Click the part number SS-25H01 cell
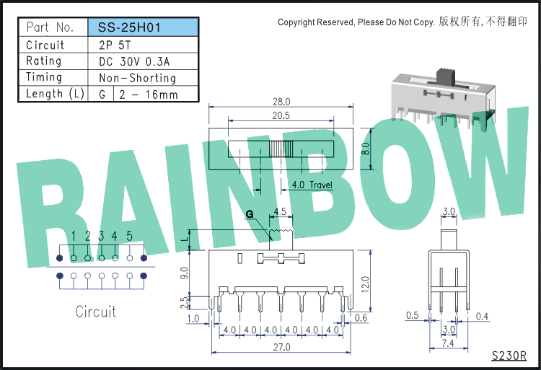coord(144,27)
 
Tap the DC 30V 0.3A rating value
coord(134,61)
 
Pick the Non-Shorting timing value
coord(137,78)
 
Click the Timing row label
coord(44,77)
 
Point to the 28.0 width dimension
coord(281,102)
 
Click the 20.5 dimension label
coord(281,115)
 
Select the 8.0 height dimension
coord(366,149)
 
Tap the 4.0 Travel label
coord(312,185)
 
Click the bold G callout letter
coord(250,214)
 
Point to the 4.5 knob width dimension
coord(280,211)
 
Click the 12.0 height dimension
coord(366,283)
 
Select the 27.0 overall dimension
coord(281,347)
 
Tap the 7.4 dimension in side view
coord(448,343)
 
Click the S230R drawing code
coord(509,356)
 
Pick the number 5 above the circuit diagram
coord(129,236)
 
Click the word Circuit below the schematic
coord(95,312)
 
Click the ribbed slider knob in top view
coord(281,149)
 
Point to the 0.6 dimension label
coord(361,317)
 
